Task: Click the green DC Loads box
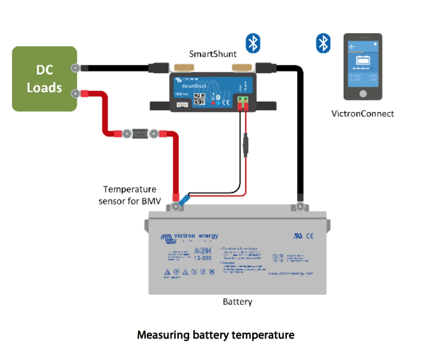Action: (44, 79)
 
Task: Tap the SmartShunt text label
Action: (212, 54)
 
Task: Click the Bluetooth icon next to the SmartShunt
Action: (253, 43)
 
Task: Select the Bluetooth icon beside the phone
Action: (323, 43)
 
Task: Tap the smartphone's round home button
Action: (363, 94)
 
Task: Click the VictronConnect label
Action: (362, 114)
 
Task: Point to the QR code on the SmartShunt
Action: (199, 99)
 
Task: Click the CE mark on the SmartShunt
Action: (226, 102)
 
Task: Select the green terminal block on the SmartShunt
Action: (243, 99)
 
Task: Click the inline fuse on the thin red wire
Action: (245, 145)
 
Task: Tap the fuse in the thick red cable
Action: (140, 134)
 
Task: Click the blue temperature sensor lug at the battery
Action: (184, 200)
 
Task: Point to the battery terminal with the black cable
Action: (300, 206)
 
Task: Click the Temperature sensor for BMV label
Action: (130, 195)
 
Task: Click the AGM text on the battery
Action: (203, 251)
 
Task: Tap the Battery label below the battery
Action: (237, 302)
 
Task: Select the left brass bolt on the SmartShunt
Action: (184, 67)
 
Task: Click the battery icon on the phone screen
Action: (363, 60)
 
